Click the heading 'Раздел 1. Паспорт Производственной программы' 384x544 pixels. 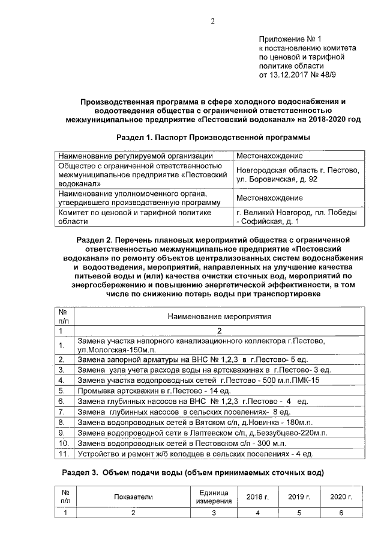[x=213, y=138]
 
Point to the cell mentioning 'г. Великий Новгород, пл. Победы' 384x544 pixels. [x=298, y=212]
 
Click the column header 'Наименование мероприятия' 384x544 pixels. [x=219, y=315]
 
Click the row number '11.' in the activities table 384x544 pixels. [x=64, y=453]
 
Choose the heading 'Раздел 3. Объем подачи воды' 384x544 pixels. [x=193, y=473]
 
